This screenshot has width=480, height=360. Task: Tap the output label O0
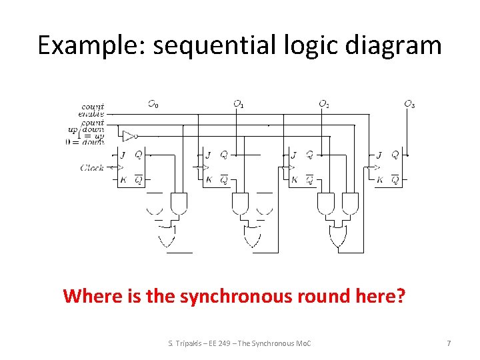pos(153,104)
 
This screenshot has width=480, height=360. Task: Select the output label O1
pos(238,104)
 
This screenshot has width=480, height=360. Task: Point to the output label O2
pos(323,104)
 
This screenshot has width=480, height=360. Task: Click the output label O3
pos(409,104)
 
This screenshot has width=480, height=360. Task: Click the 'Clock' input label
pos(92,167)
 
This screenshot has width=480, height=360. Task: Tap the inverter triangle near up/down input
pos(129,136)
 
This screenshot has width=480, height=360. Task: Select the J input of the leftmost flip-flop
pos(123,155)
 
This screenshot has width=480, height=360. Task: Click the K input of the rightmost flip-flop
pos(379,180)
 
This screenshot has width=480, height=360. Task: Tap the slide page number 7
pos(449,343)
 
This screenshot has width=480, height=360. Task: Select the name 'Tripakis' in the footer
pos(191,343)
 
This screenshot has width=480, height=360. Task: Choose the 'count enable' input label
pos(93,111)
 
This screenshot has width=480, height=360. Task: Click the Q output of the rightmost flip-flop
pos(395,155)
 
